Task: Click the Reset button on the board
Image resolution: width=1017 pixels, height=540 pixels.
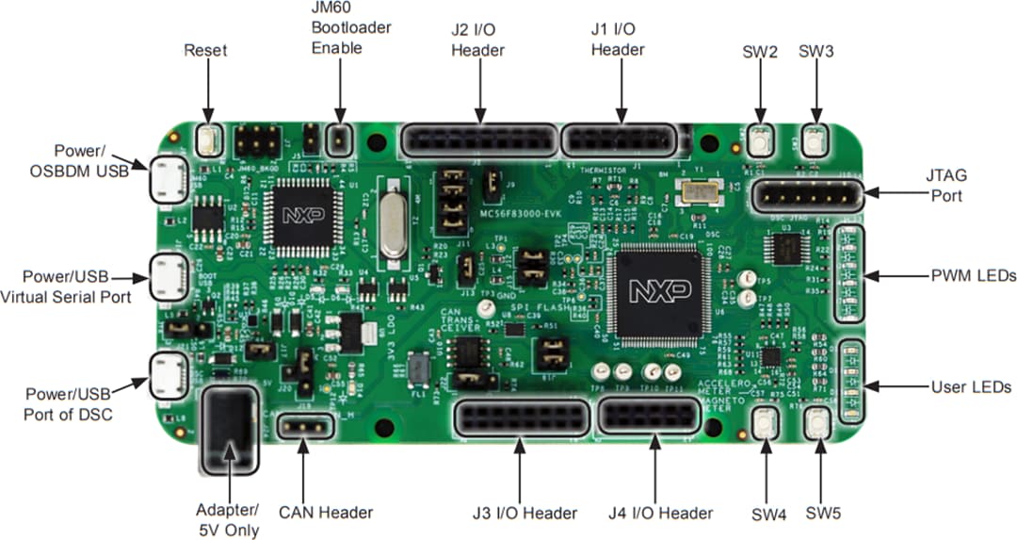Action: [208, 141]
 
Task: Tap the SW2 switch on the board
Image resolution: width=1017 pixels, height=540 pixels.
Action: [760, 142]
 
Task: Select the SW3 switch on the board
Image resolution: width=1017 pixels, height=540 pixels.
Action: [815, 142]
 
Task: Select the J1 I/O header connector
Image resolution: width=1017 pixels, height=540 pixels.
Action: [619, 140]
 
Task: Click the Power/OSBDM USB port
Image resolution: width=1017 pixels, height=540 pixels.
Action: [169, 179]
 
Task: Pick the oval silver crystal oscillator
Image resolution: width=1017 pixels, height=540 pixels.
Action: [393, 221]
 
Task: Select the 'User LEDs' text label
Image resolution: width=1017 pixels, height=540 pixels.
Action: [970, 386]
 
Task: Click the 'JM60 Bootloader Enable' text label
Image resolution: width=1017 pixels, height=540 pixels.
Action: [350, 27]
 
